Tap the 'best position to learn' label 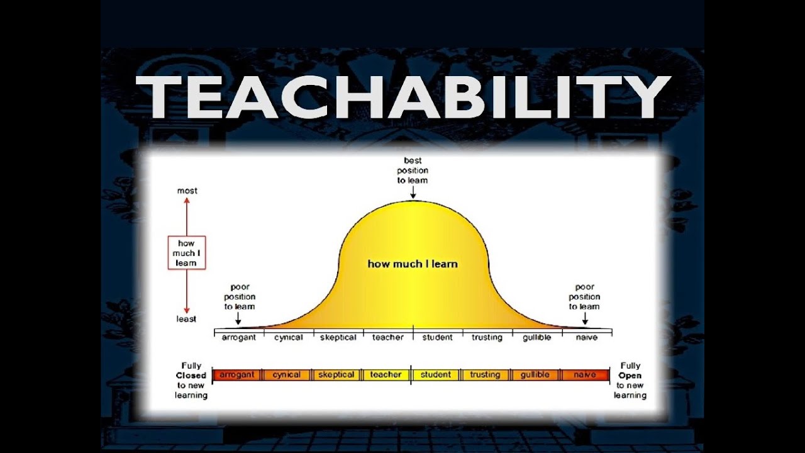coord(413,171)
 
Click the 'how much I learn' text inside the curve coord(413,264)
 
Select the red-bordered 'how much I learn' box coord(187,253)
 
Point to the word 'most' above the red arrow coord(187,191)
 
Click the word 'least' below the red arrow coord(186,319)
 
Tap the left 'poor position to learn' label coord(240,296)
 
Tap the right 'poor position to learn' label coord(584,296)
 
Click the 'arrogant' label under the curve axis coord(238,337)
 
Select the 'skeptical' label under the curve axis coord(338,337)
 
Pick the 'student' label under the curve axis coord(437,337)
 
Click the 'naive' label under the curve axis coord(586,337)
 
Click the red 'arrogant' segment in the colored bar coord(236,375)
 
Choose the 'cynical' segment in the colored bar coord(287,375)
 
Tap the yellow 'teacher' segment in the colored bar coord(386,375)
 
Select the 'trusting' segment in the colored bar coord(485,375)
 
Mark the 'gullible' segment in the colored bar coord(535,375)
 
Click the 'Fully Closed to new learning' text coord(191,380)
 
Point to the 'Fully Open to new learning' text coord(630,380)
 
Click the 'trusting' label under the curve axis coord(487,337)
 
